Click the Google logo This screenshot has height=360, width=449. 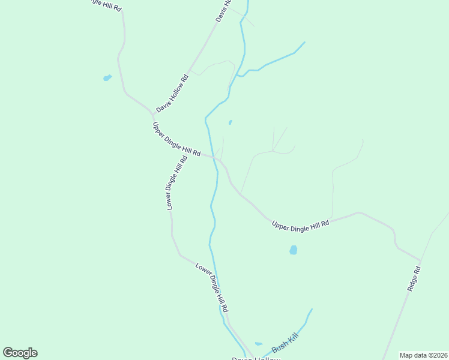tap(20, 353)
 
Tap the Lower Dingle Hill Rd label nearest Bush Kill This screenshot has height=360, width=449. tap(212, 287)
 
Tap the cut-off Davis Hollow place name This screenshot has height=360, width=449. tap(256, 358)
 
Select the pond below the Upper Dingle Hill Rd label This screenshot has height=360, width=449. tap(293, 250)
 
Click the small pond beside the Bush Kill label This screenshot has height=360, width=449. tap(258, 344)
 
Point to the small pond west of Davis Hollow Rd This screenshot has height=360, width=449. tap(107, 77)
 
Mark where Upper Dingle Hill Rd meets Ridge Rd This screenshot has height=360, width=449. tap(421, 261)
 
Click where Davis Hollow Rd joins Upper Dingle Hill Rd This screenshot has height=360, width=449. tap(153, 113)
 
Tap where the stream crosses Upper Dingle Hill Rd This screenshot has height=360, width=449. tap(214, 157)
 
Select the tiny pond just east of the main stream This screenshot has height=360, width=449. tap(230, 122)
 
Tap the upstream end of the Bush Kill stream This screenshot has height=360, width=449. tap(311, 310)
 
